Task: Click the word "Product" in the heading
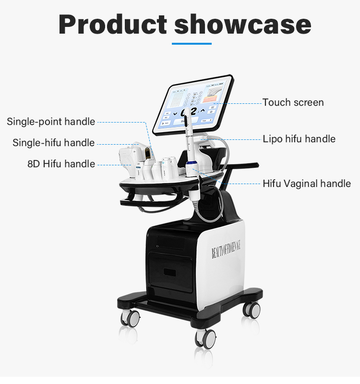click(112, 25)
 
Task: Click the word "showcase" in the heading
click(242, 25)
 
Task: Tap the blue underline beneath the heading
click(192, 44)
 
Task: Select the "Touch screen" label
click(293, 102)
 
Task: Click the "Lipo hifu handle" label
click(299, 139)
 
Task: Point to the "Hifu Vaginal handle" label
click(307, 184)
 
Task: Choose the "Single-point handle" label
click(51, 122)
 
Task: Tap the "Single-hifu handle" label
click(53, 143)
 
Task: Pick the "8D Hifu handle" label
click(61, 164)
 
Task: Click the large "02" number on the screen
click(189, 111)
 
